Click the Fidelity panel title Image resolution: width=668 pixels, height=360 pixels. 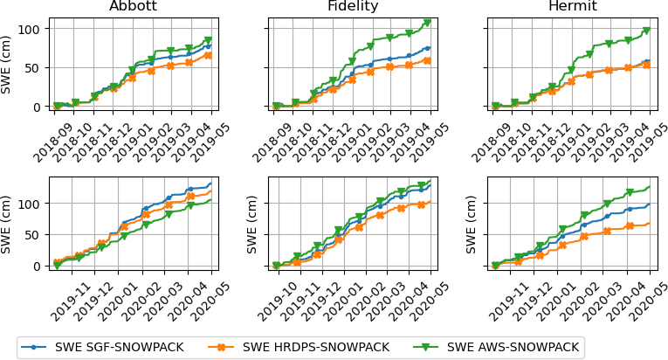pyautogui.click(x=352, y=7)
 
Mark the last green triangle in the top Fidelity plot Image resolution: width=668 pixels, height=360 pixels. pyautogui.click(x=427, y=23)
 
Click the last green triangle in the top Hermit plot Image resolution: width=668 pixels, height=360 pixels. pyautogui.click(x=646, y=31)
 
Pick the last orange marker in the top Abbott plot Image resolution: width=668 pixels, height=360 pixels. pyautogui.click(x=208, y=55)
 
